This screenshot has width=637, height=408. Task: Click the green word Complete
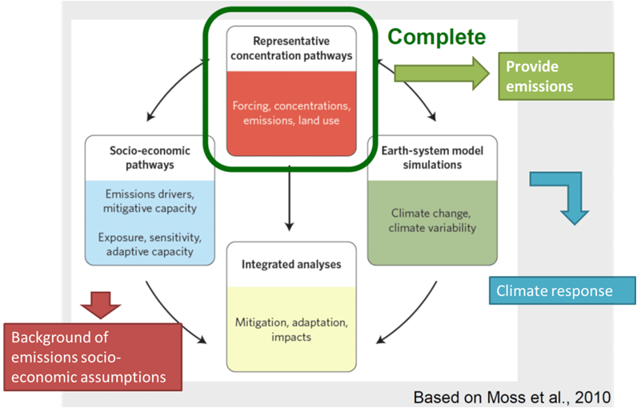[436, 38]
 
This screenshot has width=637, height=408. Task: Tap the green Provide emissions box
[556, 76]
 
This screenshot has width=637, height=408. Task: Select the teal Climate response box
[563, 290]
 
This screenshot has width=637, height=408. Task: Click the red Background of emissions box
[93, 358]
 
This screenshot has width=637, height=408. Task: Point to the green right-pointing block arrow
[442, 74]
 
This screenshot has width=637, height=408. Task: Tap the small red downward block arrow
[101, 306]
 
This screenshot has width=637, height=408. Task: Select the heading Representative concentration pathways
[291, 48]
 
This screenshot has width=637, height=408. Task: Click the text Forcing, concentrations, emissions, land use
[291, 114]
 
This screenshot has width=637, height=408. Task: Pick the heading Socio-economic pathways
[150, 158]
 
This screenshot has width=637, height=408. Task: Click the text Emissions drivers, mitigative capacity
[150, 201]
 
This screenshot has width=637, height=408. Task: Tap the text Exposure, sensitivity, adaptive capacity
[150, 244]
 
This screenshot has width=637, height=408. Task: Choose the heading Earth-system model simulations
[432, 158]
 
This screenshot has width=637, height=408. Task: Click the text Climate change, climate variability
[432, 221]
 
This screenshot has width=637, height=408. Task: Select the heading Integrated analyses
[291, 264]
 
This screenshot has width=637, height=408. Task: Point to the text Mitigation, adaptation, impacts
[291, 330]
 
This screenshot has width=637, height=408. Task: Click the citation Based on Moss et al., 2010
[512, 398]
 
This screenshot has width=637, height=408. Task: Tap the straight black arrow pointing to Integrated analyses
[289, 198]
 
